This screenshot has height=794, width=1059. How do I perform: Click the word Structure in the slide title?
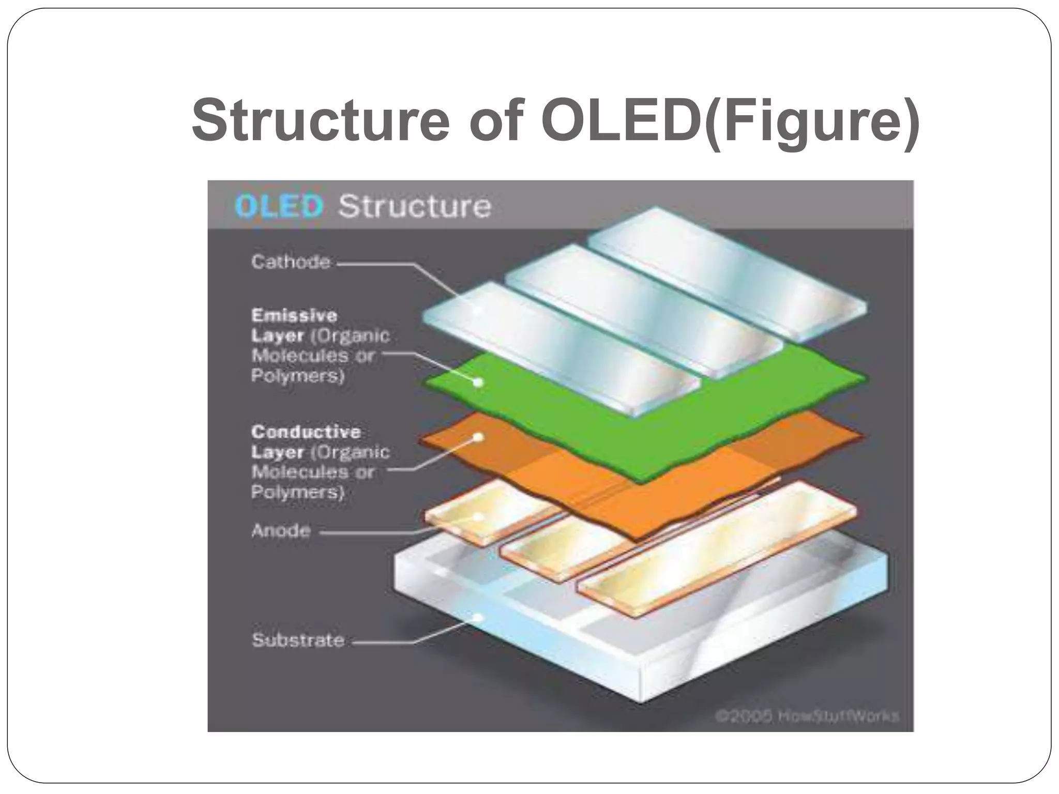click(x=321, y=120)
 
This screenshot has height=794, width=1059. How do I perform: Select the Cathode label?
click(x=291, y=262)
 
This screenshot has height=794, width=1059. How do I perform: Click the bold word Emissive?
click(x=294, y=315)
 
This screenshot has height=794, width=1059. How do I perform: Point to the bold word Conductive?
click(x=306, y=432)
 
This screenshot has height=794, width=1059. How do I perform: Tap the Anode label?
click(x=281, y=530)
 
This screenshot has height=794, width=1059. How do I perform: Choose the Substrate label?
click(x=298, y=640)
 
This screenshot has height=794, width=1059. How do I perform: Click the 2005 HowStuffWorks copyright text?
click(x=807, y=716)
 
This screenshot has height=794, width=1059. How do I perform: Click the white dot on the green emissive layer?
click(x=479, y=383)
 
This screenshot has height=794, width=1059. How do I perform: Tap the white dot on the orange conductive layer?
click(x=479, y=437)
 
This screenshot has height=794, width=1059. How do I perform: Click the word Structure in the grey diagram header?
click(x=414, y=206)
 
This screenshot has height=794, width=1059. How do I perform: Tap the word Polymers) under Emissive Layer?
click(x=297, y=376)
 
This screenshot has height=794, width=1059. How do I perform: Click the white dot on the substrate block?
click(x=479, y=617)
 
